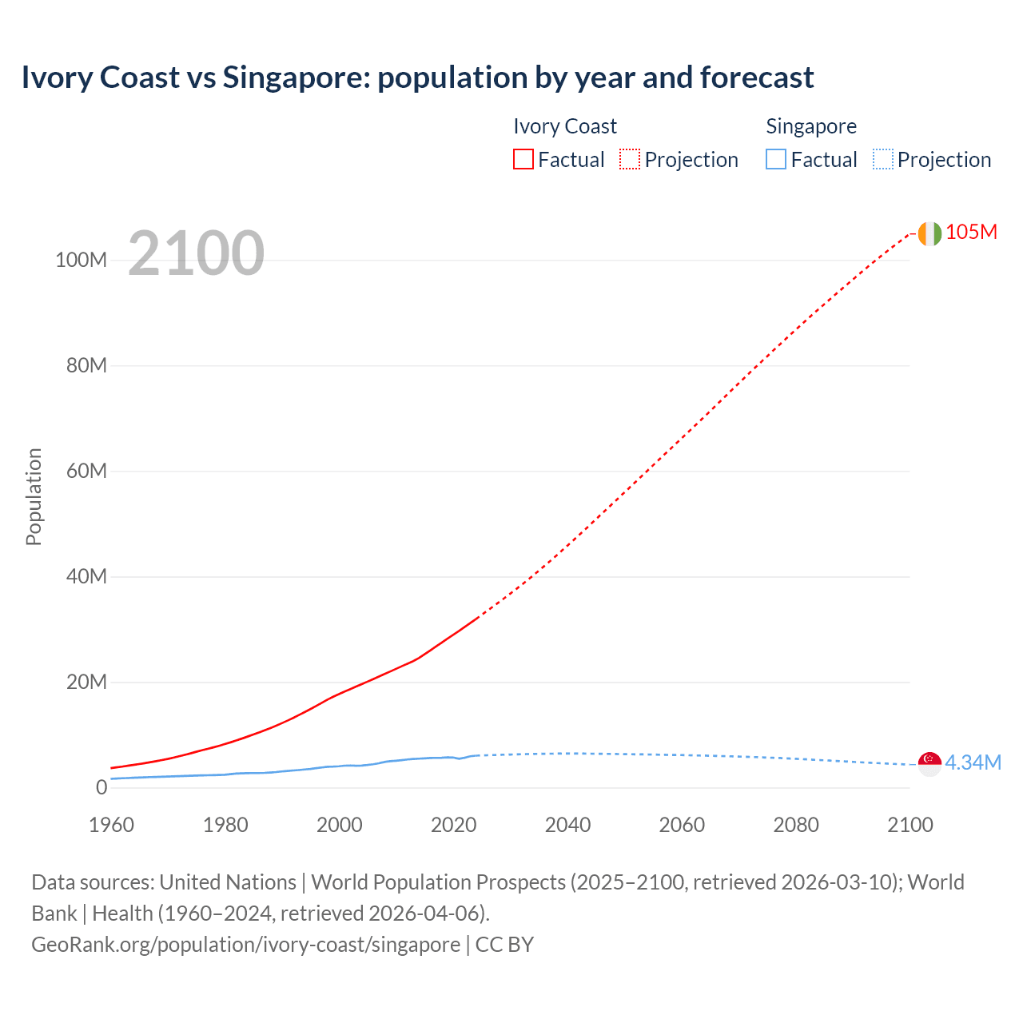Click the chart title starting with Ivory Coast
(417, 78)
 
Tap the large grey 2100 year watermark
(196, 253)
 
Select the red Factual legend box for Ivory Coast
(523, 159)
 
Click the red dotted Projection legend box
(630, 159)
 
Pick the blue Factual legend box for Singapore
(775, 159)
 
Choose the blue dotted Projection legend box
(882, 159)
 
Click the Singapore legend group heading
(811, 126)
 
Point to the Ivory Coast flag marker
(929, 233)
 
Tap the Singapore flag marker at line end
(929, 763)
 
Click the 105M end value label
(971, 232)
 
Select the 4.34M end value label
(973, 762)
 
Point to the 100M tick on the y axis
(81, 261)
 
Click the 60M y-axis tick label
(86, 471)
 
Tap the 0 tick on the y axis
(101, 787)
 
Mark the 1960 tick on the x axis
(111, 825)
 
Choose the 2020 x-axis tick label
(453, 825)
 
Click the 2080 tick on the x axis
(796, 825)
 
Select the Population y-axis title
(34, 496)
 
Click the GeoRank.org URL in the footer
(245, 945)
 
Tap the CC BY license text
(504, 945)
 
